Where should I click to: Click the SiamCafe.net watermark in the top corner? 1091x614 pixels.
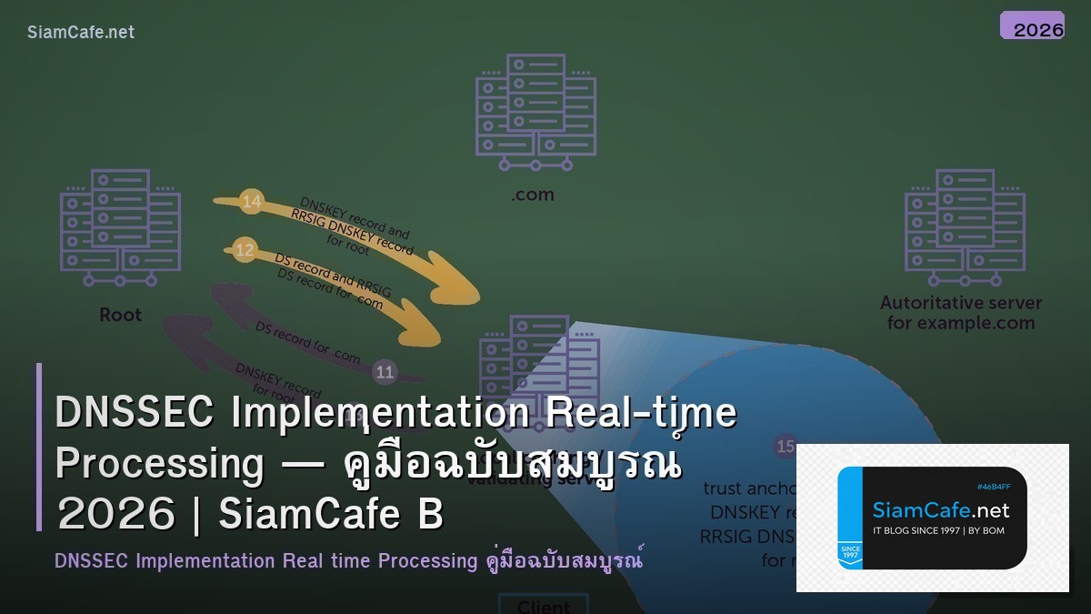81,32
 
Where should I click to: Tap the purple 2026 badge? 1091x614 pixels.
1032,26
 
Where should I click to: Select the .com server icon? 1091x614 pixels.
535,112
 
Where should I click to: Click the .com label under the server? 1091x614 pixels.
532,195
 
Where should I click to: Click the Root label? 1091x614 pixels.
120,315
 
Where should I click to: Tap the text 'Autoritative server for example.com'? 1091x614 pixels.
961,313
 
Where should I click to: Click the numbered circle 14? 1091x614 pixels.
252,201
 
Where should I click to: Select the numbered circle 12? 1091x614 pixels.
245,249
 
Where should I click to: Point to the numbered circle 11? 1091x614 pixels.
385,371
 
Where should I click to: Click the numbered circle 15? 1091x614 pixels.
785,447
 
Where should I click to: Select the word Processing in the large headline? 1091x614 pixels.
159,464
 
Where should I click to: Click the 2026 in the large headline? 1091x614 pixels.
116,515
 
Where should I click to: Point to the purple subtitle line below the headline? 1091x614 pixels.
349,560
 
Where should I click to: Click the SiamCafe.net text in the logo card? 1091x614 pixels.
941,509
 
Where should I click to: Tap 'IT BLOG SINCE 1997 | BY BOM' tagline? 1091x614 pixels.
938,530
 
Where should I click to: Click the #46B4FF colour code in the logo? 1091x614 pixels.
994,487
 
